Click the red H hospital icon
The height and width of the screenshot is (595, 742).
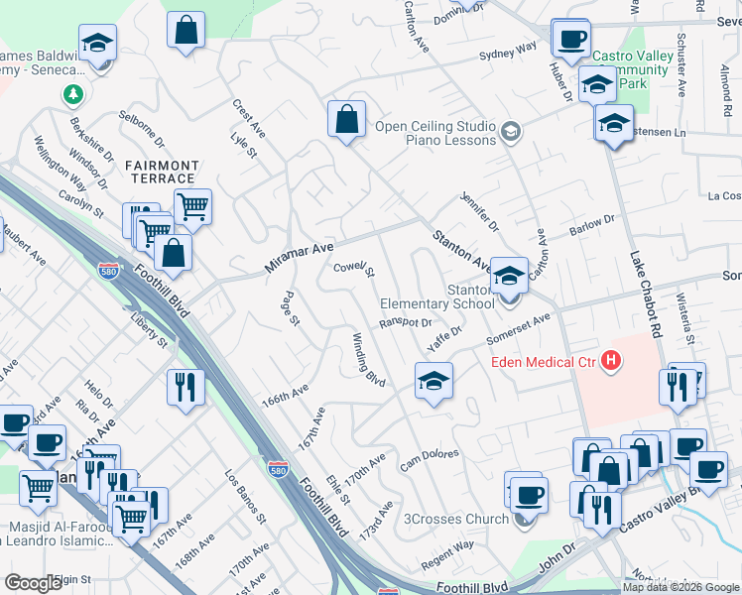tap(611, 362)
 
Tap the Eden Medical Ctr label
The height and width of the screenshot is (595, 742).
tap(545, 362)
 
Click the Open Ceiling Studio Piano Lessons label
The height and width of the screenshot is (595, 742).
tap(434, 133)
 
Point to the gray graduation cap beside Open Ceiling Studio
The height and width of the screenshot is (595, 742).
tap(511, 131)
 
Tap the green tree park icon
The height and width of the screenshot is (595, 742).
tap(72, 95)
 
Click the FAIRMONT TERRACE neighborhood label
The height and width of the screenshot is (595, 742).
tap(162, 172)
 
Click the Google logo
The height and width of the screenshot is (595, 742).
tap(33, 583)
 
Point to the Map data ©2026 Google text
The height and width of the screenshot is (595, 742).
tap(680, 587)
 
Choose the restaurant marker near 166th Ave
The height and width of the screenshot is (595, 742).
tap(185, 386)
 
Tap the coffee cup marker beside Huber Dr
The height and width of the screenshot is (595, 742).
tap(570, 39)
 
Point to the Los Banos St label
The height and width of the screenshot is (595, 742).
tap(245, 497)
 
